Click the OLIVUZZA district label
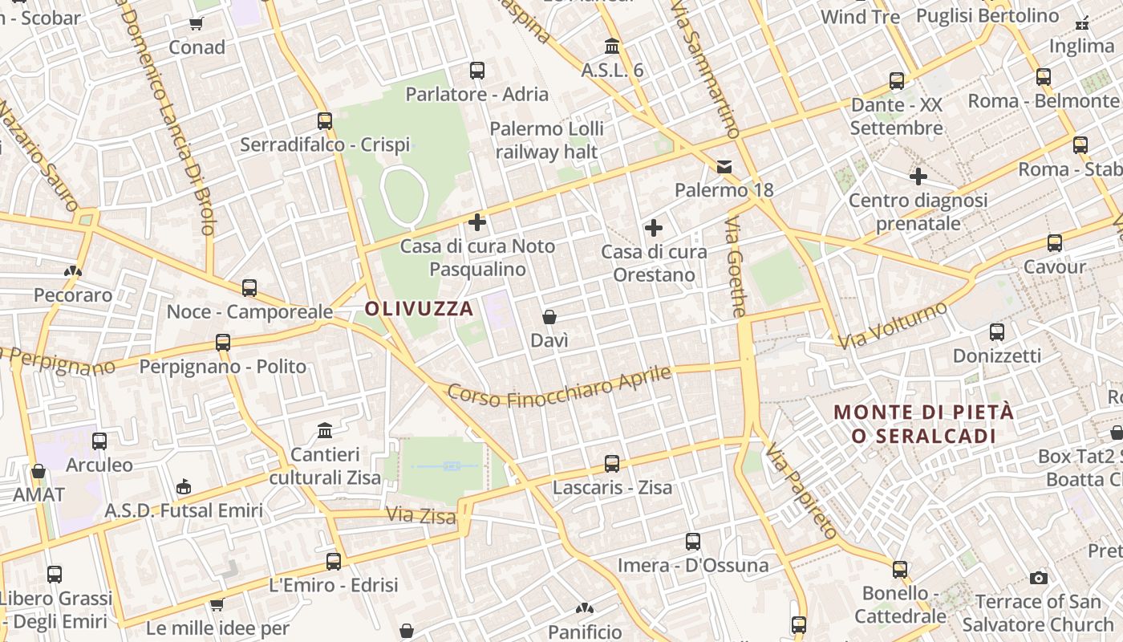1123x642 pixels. [419, 308]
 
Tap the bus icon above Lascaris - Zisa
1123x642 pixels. [612, 463]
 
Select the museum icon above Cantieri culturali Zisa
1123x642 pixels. [325, 431]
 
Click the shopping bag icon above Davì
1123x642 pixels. [549, 317]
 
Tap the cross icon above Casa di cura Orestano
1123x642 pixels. [654, 228]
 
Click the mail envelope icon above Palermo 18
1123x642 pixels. [724, 167]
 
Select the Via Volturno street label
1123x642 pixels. [892, 324]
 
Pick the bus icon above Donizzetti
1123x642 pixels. [997, 331]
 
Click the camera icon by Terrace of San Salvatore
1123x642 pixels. [1039, 578]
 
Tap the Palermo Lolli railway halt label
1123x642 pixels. [547, 140]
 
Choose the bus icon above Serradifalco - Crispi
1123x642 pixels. [325, 121]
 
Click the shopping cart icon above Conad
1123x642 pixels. [197, 23]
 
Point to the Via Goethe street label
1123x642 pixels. [737, 266]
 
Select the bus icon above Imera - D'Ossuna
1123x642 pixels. [693, 542]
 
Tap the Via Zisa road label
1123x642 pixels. [421, 515]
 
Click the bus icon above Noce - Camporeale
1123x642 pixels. [249, 288]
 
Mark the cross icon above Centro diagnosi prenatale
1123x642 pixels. [918, 177]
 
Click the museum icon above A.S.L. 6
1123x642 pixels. [613, 46]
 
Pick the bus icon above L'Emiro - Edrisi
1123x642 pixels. [334, 562]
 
